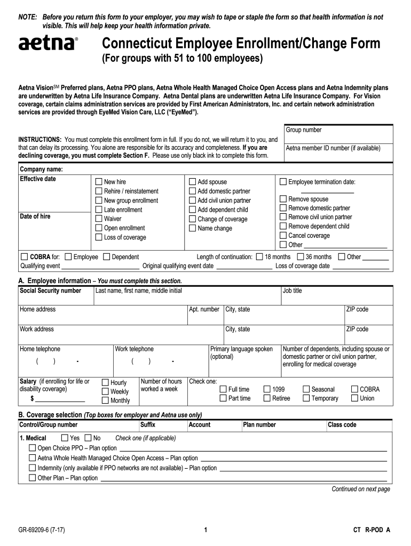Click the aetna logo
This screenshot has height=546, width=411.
tap(48, 44)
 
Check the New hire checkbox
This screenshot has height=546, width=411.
tap(99, 182)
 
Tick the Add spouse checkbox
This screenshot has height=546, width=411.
tap(193, 182)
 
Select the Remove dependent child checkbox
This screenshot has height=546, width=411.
tap(283, 226)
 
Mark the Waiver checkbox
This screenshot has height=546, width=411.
tap(99, 219)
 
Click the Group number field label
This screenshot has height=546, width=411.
tap(304, 130)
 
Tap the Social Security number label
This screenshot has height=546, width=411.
tap(50, 291)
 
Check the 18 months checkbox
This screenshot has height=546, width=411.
tap(260, 257)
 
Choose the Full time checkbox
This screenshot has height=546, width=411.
tap(224, 389)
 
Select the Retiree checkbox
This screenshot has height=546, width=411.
tap(267, 398)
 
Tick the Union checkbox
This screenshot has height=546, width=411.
tap(355, 398)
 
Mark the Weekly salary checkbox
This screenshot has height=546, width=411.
tap(105, 391)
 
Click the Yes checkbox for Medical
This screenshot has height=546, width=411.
tap(65, 438)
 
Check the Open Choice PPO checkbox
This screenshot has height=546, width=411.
tap(33, 448)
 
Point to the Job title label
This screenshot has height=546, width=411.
tap(292, 291)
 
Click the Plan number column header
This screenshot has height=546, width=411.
tap(259, 425)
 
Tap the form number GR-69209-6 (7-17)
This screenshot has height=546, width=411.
tap(42, 530)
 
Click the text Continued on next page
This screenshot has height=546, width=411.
tap(361, 489)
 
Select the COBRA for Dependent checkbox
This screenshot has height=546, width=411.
tap(106, 257)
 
